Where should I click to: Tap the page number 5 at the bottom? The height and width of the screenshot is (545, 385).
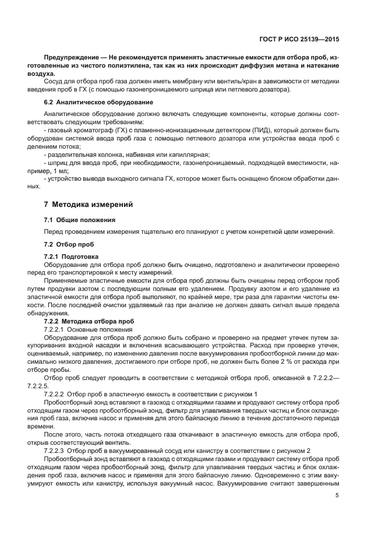337,496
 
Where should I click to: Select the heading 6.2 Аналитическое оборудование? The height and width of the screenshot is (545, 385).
87,102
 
